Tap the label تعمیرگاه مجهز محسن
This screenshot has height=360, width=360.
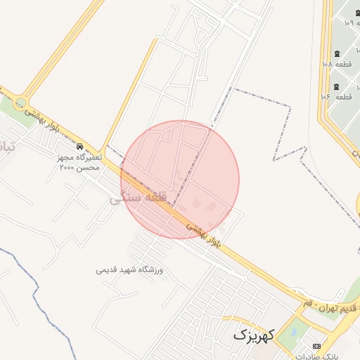(79, 157)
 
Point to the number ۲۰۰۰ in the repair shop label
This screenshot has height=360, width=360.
(68, 168)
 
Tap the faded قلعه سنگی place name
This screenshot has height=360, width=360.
(138, 198)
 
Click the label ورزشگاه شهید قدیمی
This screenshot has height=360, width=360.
(130, 269)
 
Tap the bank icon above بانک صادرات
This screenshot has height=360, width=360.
(316, 346)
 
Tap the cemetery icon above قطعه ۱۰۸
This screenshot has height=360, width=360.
(337, 54)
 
